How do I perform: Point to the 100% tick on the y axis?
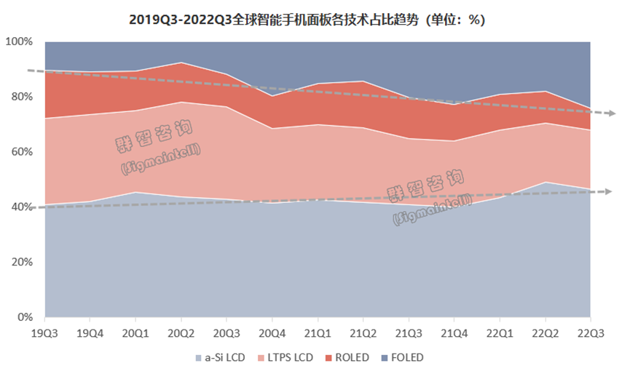[19, 42]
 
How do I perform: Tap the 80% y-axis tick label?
[21, 97]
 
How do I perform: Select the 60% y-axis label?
[21, 152]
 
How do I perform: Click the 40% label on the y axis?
[21, 207]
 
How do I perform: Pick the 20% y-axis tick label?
[21, 262]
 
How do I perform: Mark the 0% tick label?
[24, 317]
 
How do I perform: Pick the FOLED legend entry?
[403, 357]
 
